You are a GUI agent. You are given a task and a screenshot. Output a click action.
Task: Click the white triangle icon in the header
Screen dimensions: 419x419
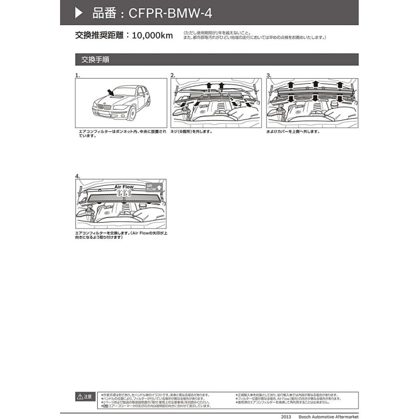[x=79, y=13]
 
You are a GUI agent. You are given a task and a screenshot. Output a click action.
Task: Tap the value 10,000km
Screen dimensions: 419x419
[x=152, y=35]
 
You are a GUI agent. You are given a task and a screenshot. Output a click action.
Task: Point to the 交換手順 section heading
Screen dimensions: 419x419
[x=95, y=60]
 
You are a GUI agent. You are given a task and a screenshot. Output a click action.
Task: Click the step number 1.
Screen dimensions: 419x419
[x=77, y=75]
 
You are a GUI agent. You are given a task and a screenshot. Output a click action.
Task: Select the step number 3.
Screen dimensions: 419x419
[x=269, y=75]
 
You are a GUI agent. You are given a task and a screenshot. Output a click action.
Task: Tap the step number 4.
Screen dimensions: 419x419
[x=77, y=176]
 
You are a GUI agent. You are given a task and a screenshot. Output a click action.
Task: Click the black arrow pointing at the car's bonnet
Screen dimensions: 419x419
[x=109, y=92]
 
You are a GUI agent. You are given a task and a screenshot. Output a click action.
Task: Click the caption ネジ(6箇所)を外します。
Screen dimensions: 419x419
[x=191, y=132]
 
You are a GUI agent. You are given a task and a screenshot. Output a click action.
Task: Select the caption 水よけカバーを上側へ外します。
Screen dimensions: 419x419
[x=293, y=132]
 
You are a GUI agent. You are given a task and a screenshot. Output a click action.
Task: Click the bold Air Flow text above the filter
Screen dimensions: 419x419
[x=124, y=187]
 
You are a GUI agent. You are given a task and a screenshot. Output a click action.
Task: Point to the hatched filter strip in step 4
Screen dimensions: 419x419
[x=121, y=197]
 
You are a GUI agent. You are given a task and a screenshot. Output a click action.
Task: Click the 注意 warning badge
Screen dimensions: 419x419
[x=85, y=397]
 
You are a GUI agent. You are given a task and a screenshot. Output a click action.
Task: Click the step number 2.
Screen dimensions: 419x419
[x=173, y=75]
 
